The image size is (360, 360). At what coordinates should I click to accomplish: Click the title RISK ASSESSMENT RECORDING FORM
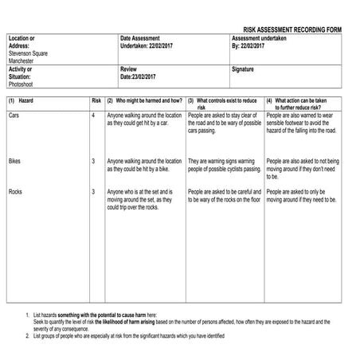tap(292, 29)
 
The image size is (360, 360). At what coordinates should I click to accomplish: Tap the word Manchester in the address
tap(23, 59)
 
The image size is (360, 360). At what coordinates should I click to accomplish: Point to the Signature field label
tap(244, 70)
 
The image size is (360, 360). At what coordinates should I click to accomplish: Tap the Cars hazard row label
tap(14, 115)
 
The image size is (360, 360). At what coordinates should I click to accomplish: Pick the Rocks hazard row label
tap(15, 192)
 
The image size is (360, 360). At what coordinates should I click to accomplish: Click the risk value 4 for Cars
tap(93, 115)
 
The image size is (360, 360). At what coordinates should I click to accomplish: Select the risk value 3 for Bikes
tap(93, 162)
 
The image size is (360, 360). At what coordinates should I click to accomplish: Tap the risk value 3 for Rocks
tap(93, 192)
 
